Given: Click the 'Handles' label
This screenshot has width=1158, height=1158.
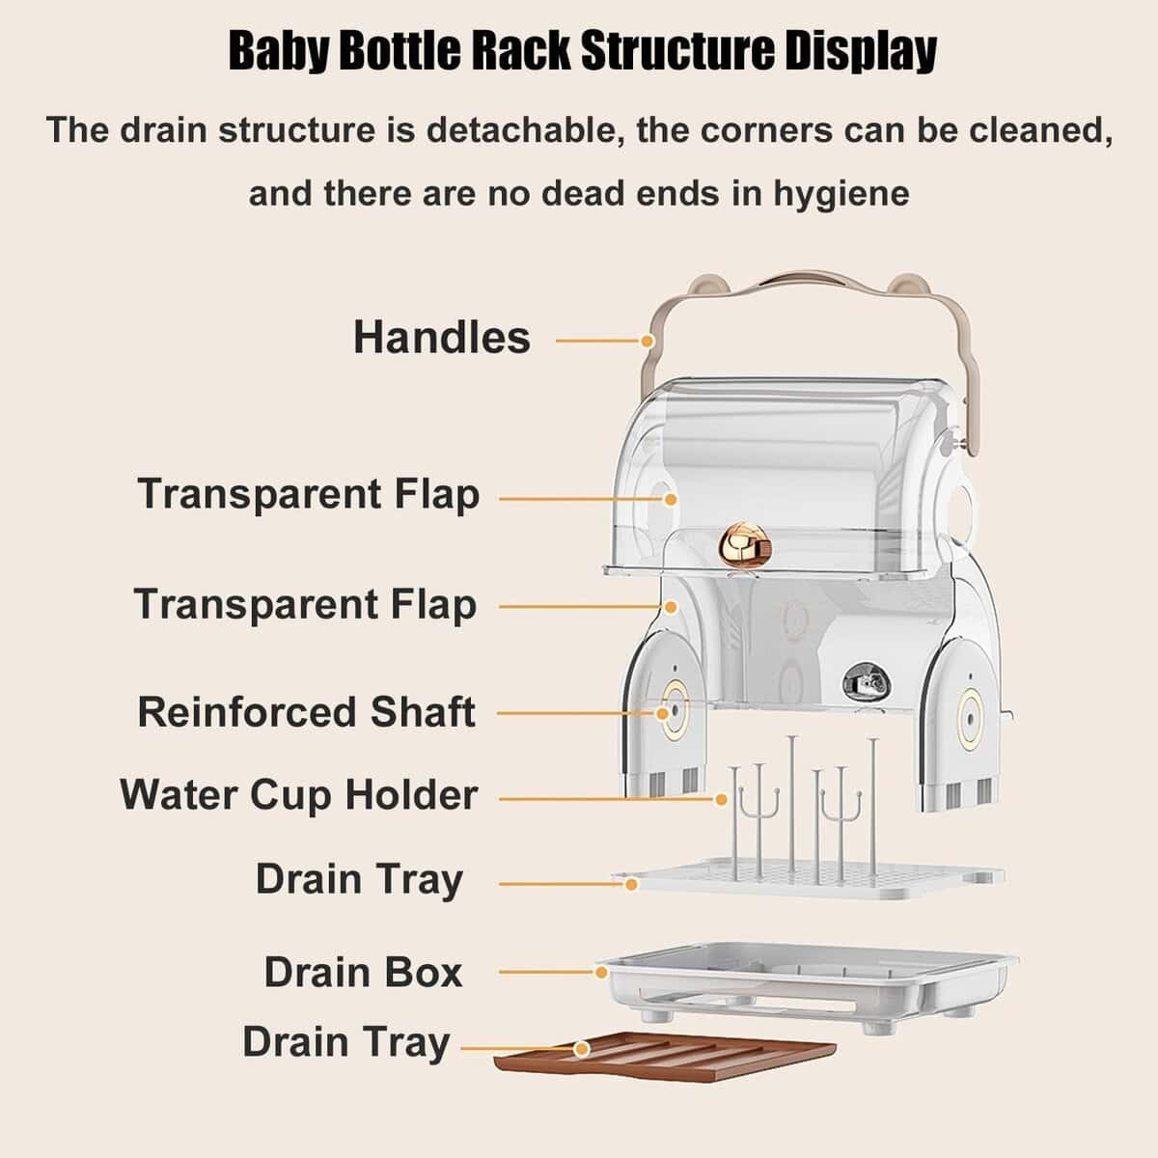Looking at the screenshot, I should pyautogui.click(x=441, y=338).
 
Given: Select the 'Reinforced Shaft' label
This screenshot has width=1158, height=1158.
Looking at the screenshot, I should pyautogui.click(x=306, y=712).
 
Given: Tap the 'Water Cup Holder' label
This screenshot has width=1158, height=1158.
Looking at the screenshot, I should pyautogui.click(x=298, y=796).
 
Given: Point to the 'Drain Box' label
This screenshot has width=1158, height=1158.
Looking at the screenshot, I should pyautogui.click(x=363, y=972).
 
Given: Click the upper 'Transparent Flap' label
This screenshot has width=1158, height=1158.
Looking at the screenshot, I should pyautogui.click(x=308, y=494).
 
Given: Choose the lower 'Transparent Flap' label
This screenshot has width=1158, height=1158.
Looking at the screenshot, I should pyautogui.click(x=305, y=605).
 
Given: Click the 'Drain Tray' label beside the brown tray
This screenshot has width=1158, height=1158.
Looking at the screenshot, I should pyautogui.click(x=345, y=1043).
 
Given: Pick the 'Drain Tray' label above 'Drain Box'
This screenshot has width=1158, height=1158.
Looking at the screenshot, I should pyautogui.click(x=359, y=880).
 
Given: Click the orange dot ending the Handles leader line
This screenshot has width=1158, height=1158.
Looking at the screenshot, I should pyautogui.click(x=648, y=340).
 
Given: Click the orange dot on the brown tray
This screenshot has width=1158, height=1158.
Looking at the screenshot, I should pyautogui.click(x=580, y=1048).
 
